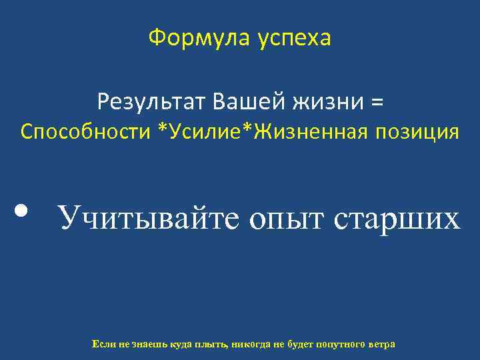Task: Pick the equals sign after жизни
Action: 377,103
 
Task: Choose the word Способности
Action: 85,132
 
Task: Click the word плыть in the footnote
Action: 210,344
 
